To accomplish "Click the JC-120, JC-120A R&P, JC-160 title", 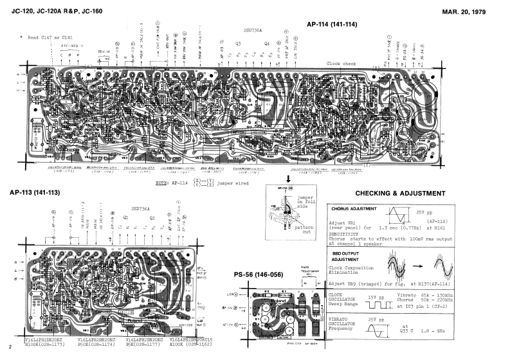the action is [58, 11].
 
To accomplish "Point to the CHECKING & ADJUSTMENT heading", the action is [400, 194].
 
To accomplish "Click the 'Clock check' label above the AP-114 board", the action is [341, 64].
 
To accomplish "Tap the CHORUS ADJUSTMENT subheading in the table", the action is [354, 209].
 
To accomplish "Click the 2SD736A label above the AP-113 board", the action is [140, 209].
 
